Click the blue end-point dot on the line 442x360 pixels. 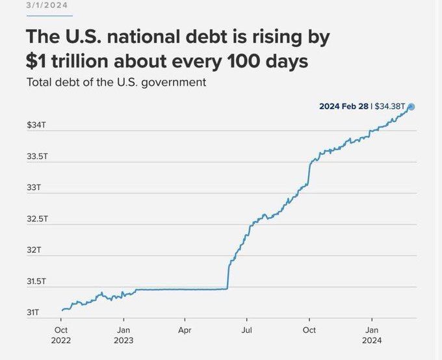[411, 107]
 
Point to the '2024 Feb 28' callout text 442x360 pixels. [344, 107]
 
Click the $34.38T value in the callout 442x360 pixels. [390, 107]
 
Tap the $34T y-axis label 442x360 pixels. [36, 124]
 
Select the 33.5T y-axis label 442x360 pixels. [36, 157]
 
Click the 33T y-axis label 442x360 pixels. [34, 188]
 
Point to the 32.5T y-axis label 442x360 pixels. [36, 219]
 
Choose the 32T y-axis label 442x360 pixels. [34, 250]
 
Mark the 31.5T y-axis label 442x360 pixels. [36, 281]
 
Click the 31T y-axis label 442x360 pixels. [34, 313]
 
